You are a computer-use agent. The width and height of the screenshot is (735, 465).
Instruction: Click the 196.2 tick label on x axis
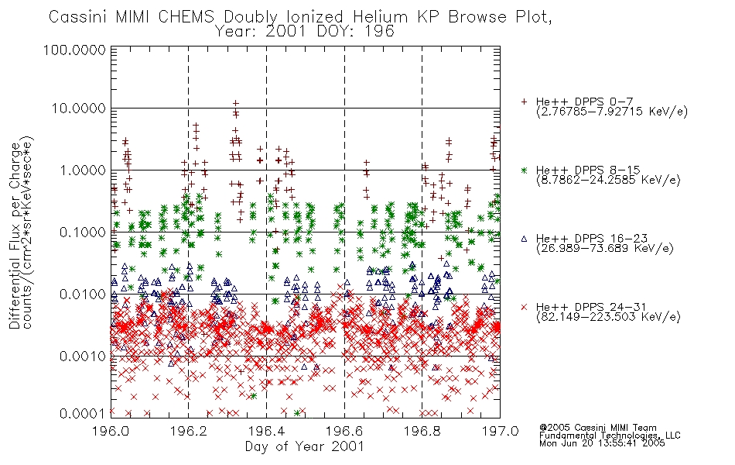pos(189,431)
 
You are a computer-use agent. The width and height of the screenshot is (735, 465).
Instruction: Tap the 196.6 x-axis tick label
pos(344,431)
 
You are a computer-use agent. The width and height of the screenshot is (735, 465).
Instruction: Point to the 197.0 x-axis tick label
pos(500,431)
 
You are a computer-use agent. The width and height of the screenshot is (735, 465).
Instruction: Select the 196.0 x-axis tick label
pos(111,431)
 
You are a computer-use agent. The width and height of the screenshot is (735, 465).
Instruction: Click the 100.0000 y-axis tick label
pos(74,50)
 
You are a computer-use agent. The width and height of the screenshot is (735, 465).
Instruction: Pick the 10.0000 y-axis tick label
pos(78,108)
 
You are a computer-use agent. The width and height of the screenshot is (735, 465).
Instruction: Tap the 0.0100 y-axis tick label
pos(83,294)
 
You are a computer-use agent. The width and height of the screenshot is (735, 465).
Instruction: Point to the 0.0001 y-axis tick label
pos(83,413)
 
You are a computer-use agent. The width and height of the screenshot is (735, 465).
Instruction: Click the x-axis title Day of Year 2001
pos(305,446)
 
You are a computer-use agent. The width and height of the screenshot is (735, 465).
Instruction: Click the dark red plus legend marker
pos(524,102)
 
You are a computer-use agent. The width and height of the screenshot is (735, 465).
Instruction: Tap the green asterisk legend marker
pos(524,170)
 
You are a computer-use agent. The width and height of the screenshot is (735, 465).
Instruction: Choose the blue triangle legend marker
pos(524,239)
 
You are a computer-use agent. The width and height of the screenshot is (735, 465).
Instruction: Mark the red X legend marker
pos(524,307)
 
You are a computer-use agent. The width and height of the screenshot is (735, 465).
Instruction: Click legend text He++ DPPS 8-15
pos(588,170)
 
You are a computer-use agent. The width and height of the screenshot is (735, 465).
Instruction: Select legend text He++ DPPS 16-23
pos(592,239)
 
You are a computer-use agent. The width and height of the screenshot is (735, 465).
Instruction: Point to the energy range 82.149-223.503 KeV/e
pos(608,317)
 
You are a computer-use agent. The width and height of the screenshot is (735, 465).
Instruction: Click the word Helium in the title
pos(380,17)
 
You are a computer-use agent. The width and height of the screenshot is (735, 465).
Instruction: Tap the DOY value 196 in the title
pos(381,32)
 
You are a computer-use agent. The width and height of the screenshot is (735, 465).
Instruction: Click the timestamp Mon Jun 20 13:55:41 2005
pos(602,443)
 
